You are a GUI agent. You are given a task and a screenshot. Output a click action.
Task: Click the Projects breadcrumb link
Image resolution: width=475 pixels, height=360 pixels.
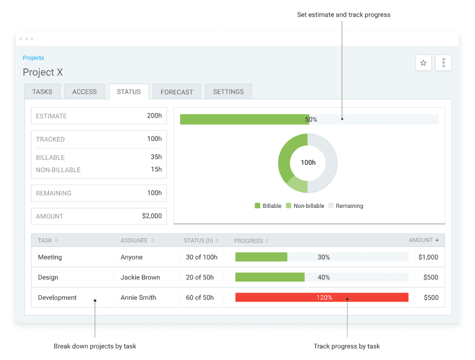33,58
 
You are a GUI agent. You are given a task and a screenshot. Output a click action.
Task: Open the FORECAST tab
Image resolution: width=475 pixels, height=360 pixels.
177,92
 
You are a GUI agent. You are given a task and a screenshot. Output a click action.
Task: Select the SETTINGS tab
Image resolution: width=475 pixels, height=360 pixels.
228,92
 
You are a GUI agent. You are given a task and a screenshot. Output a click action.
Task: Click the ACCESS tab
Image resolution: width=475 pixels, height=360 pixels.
84,92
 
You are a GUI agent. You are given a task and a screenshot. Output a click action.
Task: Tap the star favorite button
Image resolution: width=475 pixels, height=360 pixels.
423,63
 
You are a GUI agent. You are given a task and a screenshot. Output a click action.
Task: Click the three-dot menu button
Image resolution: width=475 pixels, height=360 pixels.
444,63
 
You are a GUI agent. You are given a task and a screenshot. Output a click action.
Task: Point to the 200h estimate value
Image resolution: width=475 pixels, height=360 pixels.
154,116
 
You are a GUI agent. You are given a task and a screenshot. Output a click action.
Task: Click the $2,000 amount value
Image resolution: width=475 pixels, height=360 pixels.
152,216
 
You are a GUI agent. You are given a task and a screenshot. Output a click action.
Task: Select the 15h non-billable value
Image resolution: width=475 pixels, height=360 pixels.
156,169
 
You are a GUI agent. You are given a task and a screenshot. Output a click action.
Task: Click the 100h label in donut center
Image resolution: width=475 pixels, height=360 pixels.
308,163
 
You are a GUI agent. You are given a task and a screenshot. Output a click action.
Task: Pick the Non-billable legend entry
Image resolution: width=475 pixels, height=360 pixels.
305,206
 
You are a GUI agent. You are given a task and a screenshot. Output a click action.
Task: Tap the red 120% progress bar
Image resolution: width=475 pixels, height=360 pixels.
322,298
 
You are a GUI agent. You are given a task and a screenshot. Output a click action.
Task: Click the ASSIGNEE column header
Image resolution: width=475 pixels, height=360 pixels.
134,240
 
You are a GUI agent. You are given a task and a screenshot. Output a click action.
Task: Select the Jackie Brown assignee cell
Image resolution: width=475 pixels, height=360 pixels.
140,277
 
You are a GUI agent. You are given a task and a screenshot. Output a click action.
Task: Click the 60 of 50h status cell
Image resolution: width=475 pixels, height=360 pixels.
199,298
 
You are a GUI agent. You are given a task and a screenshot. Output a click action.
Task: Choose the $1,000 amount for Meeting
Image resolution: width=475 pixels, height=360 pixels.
428,257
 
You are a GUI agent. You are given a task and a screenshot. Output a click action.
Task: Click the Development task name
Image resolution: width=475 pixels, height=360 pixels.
57,298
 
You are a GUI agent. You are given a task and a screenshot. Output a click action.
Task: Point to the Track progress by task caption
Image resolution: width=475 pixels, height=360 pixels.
347,346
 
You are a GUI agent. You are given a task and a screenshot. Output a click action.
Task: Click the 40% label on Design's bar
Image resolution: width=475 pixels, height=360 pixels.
324,277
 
